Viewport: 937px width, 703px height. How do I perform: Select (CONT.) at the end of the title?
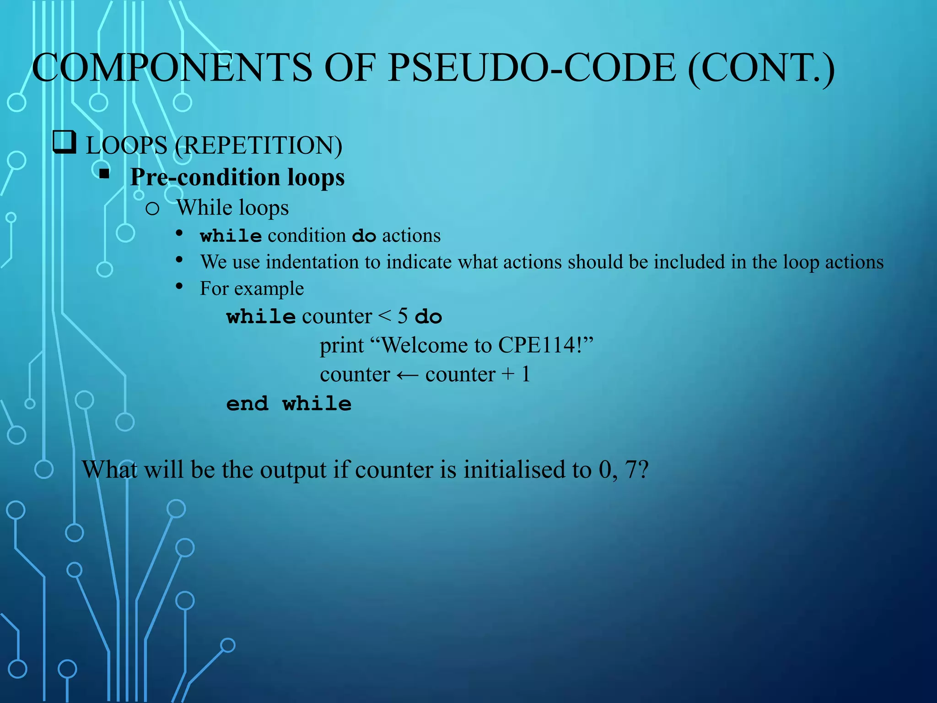761,69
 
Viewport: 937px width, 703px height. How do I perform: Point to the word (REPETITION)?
258,146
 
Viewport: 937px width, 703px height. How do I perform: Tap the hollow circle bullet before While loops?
152,209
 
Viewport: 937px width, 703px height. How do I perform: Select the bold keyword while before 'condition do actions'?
231,236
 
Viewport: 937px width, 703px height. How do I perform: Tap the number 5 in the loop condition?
403,316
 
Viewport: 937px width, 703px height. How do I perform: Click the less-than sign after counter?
385,316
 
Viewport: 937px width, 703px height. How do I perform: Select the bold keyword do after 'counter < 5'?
428,317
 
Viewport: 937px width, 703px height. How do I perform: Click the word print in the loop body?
342,346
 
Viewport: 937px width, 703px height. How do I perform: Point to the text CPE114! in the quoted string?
540,345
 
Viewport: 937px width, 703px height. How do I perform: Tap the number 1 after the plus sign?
526,374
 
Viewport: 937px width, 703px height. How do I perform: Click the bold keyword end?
248,404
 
